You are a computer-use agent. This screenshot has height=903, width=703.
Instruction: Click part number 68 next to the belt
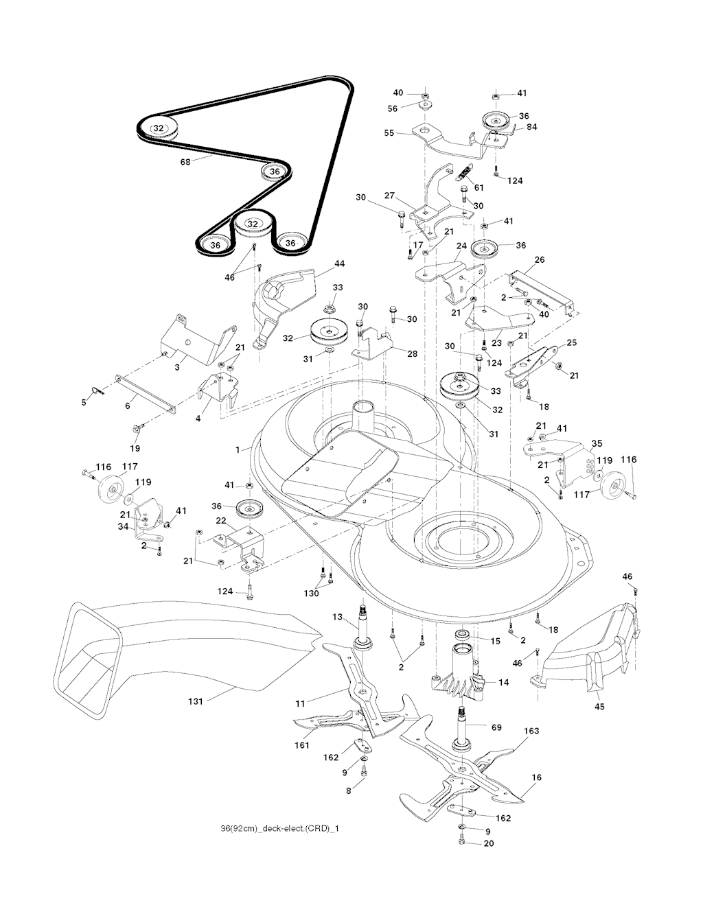pyautogui.click(x=185, y=162)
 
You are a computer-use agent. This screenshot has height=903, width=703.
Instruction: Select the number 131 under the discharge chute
pyautogui.click(x=198, y=701)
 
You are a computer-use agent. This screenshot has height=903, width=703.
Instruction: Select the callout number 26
pyautogui.click(x=539, y=260)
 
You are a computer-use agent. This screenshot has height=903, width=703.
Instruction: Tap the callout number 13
pyautogui.click(x=337, y=618)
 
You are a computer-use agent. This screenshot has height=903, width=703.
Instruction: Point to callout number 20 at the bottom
pyautogui.click(x=488, y=844)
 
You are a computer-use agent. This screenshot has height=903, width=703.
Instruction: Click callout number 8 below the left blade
pyautogui.click(x=349, y=790)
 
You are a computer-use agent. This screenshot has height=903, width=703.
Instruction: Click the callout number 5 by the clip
pyautogui.click(x=84, y=403)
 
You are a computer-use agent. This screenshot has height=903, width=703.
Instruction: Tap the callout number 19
pyautogui.click(x=135, y=448)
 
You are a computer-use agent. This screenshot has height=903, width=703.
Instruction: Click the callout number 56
pyautogui.click(x=393, y=108)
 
